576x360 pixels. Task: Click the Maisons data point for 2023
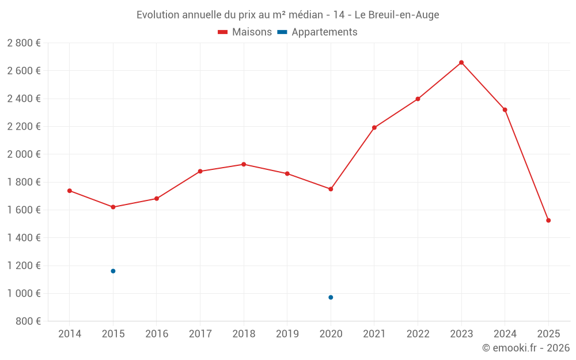click(x=461, y=62)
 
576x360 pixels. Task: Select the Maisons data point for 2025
click(x=548, y=221)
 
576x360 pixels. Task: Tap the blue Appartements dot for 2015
click(x=113, y=271)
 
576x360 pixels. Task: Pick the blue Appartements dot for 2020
click(x=331, y=297)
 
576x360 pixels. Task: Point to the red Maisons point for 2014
click(x=70, y=191)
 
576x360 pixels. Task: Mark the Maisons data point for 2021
click(x=374, y=127)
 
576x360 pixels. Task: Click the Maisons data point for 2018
click(x=244, y=164)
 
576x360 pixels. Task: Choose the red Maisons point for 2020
click(x=331, y=189)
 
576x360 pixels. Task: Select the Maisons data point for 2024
click(x=505, y=109)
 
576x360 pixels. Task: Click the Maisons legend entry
click(x=245, y=32)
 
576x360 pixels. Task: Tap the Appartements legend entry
click(x=317, y=32)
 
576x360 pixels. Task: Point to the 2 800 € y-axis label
click(x=24, y=43)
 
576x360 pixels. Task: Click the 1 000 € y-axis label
click(x=24, y=294)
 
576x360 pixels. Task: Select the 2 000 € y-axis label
click(x=24, y=154)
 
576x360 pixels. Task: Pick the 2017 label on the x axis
click(x=200, y=334)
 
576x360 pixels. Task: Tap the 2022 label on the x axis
click(x=418, y=334)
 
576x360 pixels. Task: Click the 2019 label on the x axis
click(x=287, y=334)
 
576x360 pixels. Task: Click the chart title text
click(x=287, y=15)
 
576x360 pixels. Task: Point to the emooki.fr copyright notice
click(x=525, y=348)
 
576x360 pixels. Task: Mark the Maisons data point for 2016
click(x=157, y=199)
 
